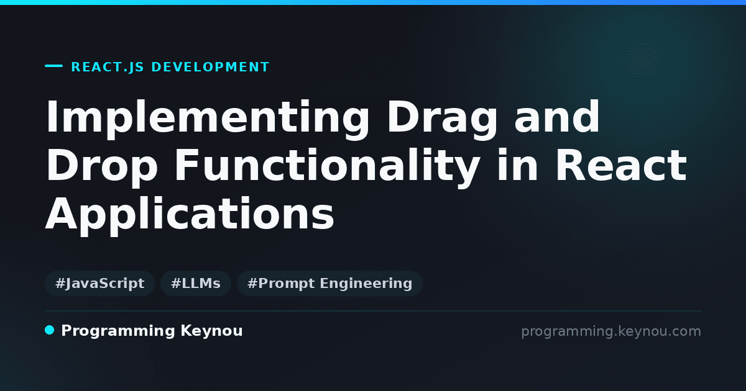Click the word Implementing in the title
point(208,119)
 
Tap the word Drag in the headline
point(441,119)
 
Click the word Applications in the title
point(190,215)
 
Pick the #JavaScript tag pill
point(99,284)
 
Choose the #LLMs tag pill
point(196,284)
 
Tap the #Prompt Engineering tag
point(329,284)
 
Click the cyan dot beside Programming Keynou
point(50,330)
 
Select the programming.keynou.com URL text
point(611,331)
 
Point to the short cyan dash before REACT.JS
point(54,66)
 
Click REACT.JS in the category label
point(108,67)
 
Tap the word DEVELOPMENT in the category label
point(210,67)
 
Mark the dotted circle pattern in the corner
point(642,60)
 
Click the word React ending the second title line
point(621,166)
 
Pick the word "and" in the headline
point(556,117)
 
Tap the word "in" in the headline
point(517,165)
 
